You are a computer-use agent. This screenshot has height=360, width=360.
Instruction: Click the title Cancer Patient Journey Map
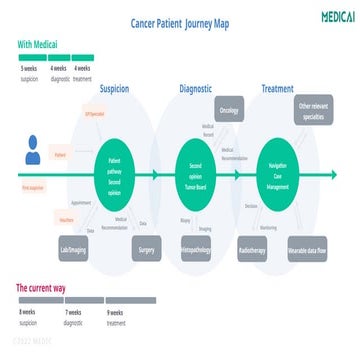point(181,22)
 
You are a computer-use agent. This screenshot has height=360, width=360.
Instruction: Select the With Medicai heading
point(37,44)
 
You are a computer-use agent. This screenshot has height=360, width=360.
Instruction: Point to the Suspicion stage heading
point(114,89)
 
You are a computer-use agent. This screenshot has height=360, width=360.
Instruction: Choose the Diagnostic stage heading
point(196,89)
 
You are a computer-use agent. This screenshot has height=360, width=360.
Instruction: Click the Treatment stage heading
point(277,89)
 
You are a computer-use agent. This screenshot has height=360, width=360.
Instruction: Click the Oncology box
point(229,110)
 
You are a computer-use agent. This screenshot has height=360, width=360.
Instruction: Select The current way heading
point(42,287)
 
